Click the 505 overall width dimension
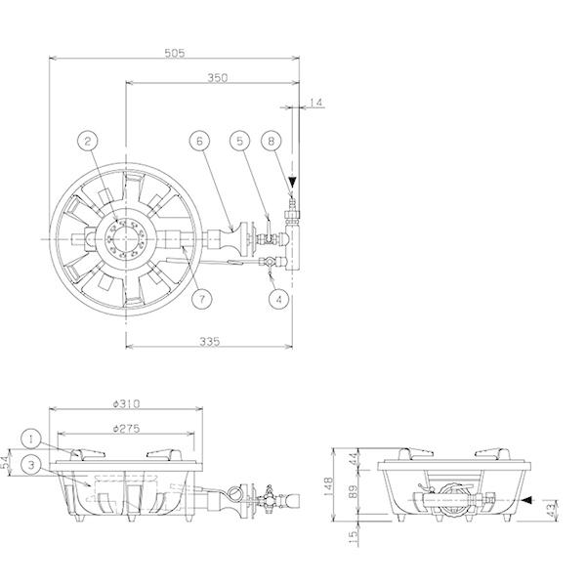175,53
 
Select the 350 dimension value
218,78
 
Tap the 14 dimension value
316,103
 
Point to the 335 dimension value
210,342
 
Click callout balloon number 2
88,141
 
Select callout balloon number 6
199,141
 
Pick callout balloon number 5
239,141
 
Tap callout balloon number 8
271,141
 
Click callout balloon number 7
202,299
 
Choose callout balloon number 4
279,299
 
